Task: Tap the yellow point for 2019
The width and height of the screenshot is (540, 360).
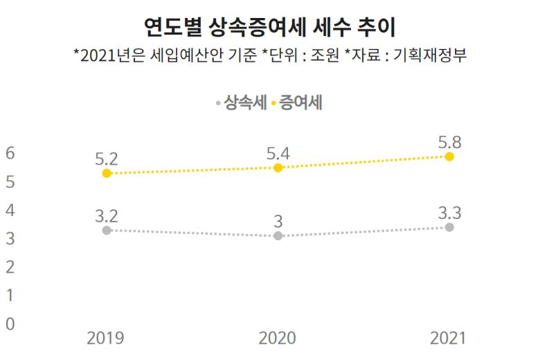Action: pos(107,173)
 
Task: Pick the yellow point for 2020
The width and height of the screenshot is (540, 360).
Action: pos(278,168)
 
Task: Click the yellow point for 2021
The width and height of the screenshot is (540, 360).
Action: pos(449,156)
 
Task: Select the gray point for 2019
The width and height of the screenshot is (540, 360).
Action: pos(107,230)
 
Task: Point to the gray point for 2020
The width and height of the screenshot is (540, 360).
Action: pos(278,236)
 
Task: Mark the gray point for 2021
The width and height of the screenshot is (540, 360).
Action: pos(449,227)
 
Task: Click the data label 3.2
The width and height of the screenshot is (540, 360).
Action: pos(107,214)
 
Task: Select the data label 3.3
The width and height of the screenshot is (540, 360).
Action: pos(449,212)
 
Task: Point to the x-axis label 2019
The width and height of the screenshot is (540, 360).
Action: pos(106,338)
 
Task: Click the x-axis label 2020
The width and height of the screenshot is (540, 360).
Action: pos(277,338)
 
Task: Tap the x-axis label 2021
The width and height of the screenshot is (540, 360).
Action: pos(449,338)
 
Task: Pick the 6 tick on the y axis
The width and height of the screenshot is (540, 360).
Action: pos(10,154)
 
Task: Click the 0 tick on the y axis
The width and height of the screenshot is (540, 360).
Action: pos(10,323)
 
